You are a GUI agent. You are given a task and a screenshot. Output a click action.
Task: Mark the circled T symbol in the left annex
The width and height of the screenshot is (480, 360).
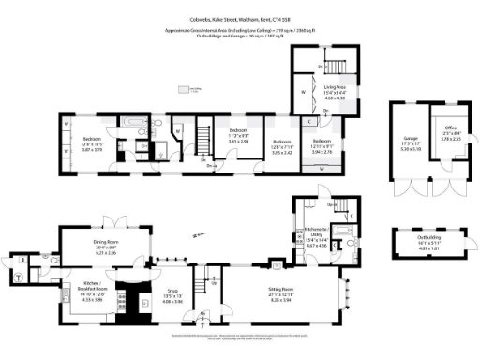(x=20, y=275)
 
